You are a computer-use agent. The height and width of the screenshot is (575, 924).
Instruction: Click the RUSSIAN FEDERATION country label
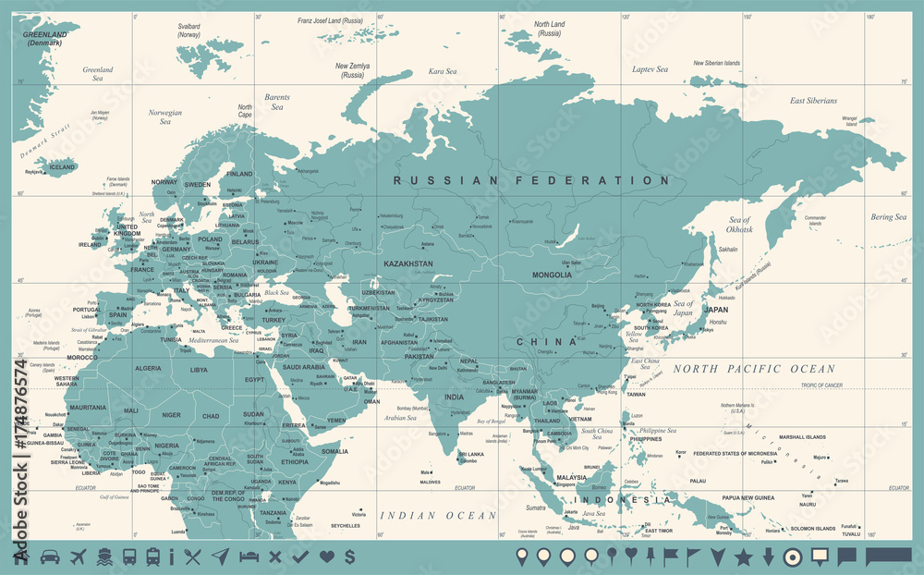coord(530,180)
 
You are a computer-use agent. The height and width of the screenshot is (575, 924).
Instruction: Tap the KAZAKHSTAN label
coord(408,264)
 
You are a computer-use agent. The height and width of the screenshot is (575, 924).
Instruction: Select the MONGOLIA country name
coord(552,275)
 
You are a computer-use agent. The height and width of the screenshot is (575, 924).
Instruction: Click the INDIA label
coord(454,397)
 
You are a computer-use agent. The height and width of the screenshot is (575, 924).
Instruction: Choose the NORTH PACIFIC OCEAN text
coord(753,369)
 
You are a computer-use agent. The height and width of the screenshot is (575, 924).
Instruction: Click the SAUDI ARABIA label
coord(304,367)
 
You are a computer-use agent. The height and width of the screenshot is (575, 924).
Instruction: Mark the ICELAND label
coord(62,167)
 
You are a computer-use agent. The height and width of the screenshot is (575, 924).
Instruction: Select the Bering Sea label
coord(887,217)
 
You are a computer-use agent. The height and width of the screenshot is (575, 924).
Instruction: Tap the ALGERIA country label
coord(148,368)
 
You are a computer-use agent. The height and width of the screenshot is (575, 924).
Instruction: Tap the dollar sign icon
coord(349,557)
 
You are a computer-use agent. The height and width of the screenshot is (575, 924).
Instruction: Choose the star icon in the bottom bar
coord(743,557)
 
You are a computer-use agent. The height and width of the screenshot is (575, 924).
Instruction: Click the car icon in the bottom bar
coord(50,557)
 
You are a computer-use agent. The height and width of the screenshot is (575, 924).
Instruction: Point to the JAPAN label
coord(715,310)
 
